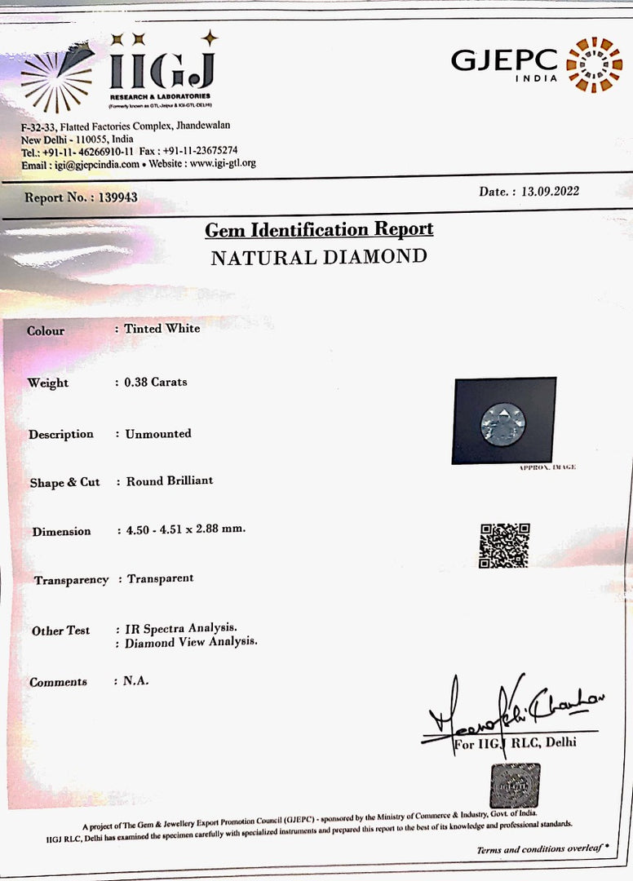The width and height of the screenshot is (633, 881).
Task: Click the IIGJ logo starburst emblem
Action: (x=55, y=77)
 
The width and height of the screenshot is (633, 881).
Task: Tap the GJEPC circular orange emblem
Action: (x=593, y=64)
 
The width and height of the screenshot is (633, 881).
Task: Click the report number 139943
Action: (x=117, y=197)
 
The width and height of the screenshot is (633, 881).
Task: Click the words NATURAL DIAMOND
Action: (x=319, y=258)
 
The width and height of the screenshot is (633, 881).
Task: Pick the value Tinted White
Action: (x=162, y=328)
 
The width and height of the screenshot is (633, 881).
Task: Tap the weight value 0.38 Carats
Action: (x=155, y=381)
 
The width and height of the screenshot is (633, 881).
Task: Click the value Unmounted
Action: (x=158, y=433)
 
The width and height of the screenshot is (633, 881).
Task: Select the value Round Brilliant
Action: (x=169, y=480)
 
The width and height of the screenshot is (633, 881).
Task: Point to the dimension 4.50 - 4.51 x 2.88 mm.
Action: (x=185, y=529)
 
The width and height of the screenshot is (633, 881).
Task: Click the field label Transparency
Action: (x=71, y=580)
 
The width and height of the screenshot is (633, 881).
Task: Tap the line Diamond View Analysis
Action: (x=191, y=642)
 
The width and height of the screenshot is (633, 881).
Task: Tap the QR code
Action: (x=504, y=545)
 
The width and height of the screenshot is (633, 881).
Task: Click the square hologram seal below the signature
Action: (x=514, y=785)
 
